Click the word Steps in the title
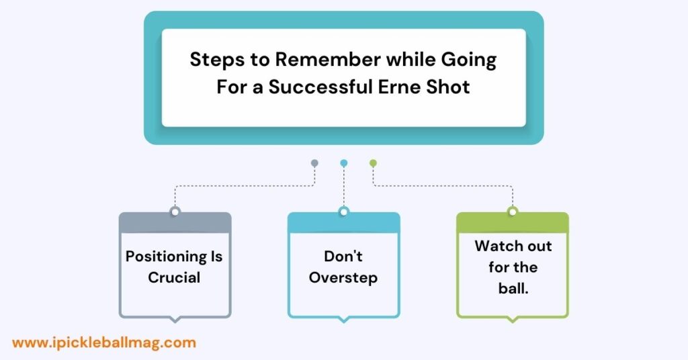click(x=218, y=60)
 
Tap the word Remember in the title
click(x=328, y=59)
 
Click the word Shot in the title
click(x=448, y=87)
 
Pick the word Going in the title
click(x=468, y=60)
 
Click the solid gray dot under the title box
click(x=314, y=163)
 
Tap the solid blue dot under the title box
click(x=344, y=163)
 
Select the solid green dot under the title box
click(x=373, y=163)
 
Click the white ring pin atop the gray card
click(x=175, y=212)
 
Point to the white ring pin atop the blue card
click(x=344, y=212)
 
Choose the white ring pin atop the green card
click(x=513, y=212)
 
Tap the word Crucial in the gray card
click(x=174, y=277)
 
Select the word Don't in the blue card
click(x=343, y=256)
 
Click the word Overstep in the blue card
click(x=343, y=278)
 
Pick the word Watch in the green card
click(x=494, y=246)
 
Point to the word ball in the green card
click(x=511, y=288)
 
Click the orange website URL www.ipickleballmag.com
click(x=104, y=343)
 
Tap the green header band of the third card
click(x=513, y=223)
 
